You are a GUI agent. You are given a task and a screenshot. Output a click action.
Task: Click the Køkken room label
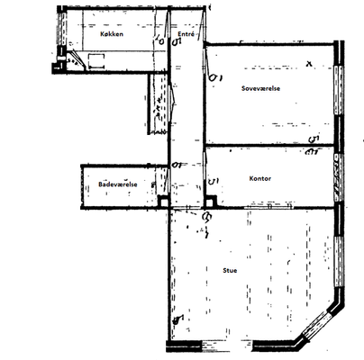tap(112, 34)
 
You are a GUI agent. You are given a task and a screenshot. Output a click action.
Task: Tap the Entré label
tap(186, 33)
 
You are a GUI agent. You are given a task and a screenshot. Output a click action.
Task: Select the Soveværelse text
tap(260, 88)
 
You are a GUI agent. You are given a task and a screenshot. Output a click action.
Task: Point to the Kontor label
tap(260, 178)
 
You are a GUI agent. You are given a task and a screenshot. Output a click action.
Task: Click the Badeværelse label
tap(118, 184)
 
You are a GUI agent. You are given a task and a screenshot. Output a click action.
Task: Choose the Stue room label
tap(230, 270)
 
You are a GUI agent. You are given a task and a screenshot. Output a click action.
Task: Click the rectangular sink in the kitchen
tap(96, 61)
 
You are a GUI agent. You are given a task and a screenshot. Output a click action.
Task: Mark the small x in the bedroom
tap(309, 64)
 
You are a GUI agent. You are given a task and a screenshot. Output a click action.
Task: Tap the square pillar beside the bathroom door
tap(163, 202)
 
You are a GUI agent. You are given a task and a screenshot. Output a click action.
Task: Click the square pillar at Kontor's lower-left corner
tap(211, 202)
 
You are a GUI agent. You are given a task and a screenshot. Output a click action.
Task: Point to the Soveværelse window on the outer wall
tap(339, 90)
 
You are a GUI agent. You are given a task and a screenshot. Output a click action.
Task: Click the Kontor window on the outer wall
tap(338, 178)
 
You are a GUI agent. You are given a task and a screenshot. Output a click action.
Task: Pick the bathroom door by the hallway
tap(167, 181)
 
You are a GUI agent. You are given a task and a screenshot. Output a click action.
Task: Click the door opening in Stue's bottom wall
tap(227, 345)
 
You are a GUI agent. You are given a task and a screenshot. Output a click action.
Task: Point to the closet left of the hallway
tap(158, 103)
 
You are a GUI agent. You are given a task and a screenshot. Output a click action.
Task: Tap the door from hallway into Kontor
tap(205, 166)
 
